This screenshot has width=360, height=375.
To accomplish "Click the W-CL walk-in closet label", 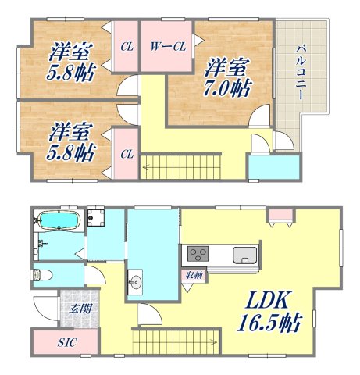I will (167, 46).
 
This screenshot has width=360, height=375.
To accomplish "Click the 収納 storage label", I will (194, 274).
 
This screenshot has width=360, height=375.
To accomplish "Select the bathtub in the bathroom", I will (59, 220).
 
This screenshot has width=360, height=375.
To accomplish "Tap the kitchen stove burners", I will (197, 255).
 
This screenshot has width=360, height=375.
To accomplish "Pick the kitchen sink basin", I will (244, 255).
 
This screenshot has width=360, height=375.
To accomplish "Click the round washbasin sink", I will (134, 282).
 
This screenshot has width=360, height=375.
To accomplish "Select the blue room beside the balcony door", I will (273, 166).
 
